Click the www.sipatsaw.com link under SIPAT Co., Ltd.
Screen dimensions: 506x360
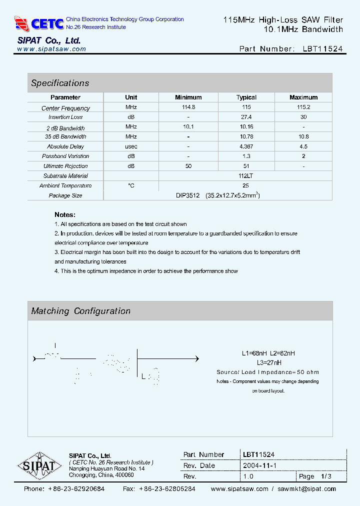point(51,49)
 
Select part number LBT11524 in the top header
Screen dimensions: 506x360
point(323,49)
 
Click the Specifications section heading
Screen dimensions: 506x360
point(60,83)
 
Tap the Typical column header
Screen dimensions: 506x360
point(246,97)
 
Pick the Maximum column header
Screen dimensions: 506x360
point(303,97)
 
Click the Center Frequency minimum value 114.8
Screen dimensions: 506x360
point(188,107)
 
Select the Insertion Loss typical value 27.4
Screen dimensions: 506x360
point(246,117)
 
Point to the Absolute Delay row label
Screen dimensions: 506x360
point(65,146)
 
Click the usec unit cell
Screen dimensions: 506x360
point(131,146)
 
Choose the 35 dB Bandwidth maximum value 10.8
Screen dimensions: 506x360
point(303,136)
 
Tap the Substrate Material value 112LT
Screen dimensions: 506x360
point(245,176)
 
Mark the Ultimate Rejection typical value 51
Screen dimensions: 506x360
point(246,166)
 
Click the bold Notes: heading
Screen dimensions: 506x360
point(65,214)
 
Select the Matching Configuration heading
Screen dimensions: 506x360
point(81,311)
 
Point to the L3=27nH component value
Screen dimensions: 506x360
point(269,362)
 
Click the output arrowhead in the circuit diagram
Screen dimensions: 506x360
point(197,358)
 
